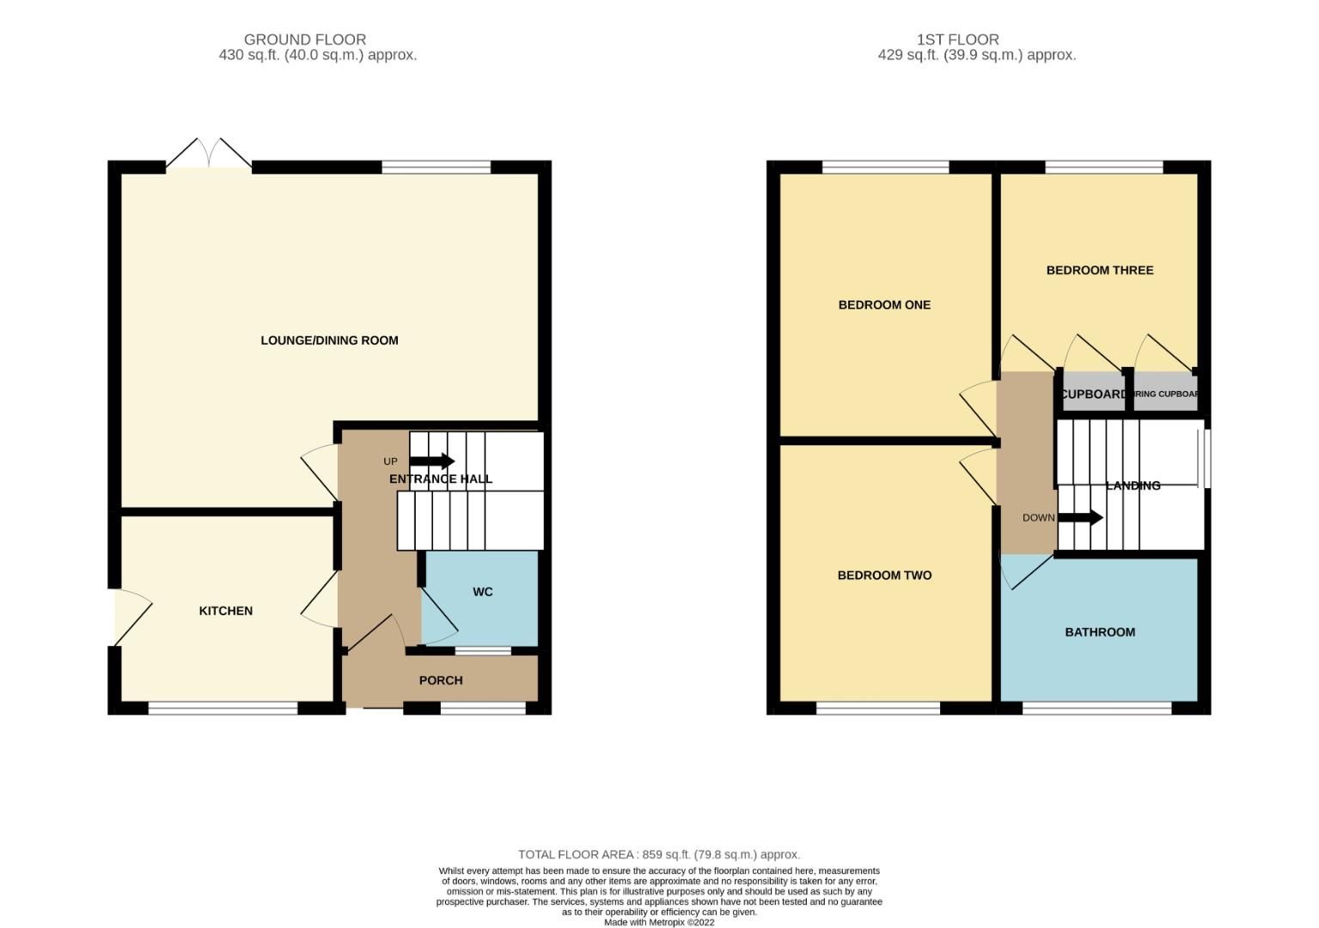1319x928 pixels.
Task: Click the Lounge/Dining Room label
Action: tap(329, 340)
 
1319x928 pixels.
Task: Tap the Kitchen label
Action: tap(226, 611)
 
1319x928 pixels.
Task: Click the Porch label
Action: tap(441, 681)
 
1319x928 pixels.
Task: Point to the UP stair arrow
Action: tap(431, 461)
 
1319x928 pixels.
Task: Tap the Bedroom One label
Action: tap(884, 305)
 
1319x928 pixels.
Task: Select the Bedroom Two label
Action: tap(884, 576)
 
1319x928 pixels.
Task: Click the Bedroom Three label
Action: tap(1099, 270)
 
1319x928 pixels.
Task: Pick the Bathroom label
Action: tap(1100, 632)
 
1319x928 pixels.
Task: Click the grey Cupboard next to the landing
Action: tap(1093, 394)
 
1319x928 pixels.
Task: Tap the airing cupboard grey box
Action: tap(1165, 394)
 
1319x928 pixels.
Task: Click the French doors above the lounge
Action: tap(209, 155)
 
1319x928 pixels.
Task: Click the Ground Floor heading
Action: tap(305, 40)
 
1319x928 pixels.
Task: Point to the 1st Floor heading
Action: tap(957, 40)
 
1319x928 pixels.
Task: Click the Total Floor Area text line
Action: tap(659, 854)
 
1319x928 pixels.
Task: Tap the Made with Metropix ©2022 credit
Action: tap(659, 922)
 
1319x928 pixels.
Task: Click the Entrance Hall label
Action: tap(441, 479)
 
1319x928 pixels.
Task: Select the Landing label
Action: tap(1133, 485)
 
